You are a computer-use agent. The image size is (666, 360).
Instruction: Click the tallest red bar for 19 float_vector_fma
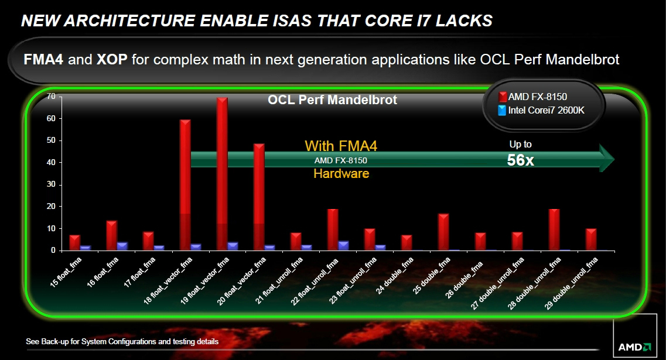222,174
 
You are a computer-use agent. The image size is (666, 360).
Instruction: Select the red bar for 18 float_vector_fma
185,185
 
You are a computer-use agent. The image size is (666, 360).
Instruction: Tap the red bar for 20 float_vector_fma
259,197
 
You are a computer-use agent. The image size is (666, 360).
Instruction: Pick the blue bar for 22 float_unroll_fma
344,246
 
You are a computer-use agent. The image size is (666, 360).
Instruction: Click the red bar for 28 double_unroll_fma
554,229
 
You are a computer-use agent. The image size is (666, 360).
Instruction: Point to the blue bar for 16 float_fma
122,246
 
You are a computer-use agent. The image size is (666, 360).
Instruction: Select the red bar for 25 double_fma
443,232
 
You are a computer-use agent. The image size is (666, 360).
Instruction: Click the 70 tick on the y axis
52,97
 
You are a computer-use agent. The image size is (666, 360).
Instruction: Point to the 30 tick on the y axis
52,184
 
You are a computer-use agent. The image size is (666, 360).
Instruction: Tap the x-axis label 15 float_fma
66,272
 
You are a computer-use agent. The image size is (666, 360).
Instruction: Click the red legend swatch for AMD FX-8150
503,97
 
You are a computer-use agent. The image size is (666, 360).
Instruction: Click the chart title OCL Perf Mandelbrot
332,100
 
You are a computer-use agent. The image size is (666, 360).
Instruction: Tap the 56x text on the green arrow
520,160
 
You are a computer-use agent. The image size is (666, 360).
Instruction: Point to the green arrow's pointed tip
614,159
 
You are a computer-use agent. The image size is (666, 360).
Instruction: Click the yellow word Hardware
341,173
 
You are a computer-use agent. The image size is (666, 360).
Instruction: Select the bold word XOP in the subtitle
112,59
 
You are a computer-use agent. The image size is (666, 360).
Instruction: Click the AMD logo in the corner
634,347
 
